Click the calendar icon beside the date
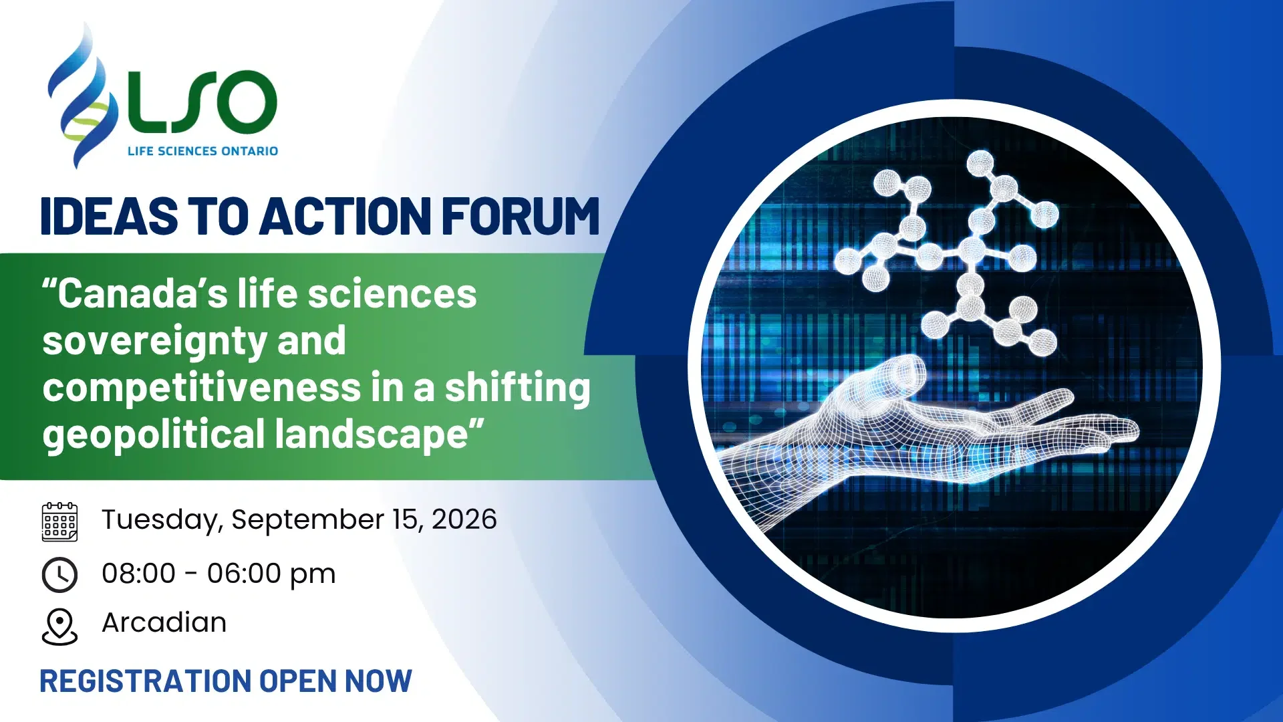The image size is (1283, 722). (59, 521)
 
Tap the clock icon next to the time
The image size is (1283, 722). (59, 575)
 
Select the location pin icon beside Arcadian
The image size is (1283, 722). (59, 626)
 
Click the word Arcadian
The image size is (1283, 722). (164, 622)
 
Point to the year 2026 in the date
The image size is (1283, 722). (464, 519)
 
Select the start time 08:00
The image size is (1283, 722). (138, 574)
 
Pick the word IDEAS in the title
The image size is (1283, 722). (109, 217)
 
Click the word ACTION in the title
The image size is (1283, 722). (345, 217)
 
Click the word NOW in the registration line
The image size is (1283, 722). (378, 681)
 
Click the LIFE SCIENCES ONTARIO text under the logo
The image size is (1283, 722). (202, 151)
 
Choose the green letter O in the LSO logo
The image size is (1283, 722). (244, 102)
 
